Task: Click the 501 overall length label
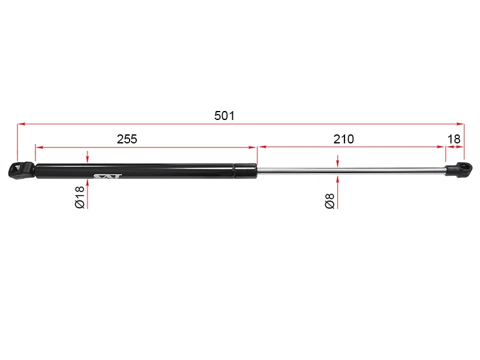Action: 224,116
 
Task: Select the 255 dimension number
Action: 127,139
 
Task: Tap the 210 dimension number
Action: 343,139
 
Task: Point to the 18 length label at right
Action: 454,139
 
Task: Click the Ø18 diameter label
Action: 80,197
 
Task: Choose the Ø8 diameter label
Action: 329,201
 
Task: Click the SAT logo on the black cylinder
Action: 107,176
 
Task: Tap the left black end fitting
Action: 21,170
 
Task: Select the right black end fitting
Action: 458,169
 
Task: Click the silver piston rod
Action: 351,171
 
